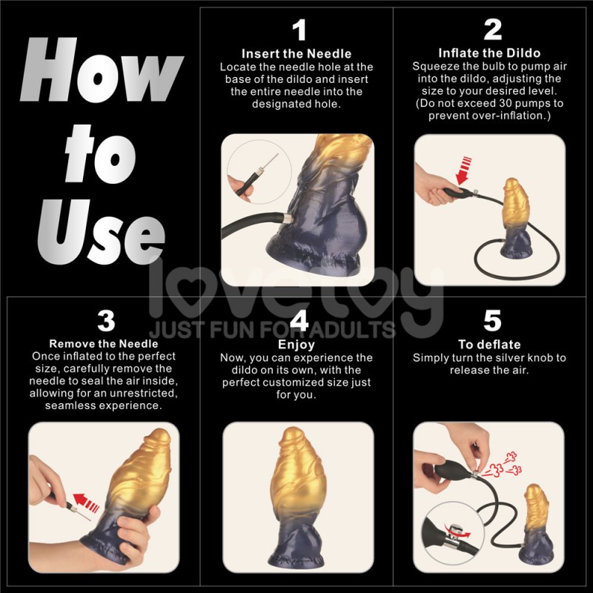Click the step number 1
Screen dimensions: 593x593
(298, 30)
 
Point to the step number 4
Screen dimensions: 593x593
(298, 321)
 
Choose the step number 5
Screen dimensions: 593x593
(492, 321)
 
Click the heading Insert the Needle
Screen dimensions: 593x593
(296, 54)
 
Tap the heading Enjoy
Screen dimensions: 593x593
(296, 345)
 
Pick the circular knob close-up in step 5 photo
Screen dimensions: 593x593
(445, 529)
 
